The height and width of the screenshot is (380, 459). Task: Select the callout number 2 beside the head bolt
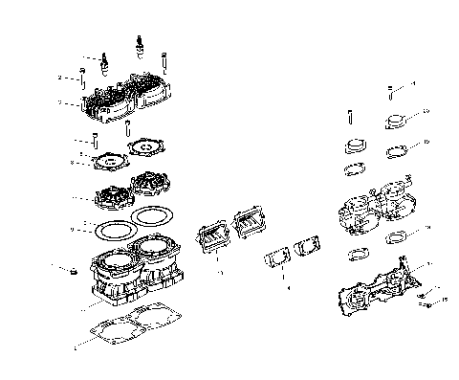59,78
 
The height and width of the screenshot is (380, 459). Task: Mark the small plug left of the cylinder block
69,274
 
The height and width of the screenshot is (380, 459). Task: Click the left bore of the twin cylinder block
110,258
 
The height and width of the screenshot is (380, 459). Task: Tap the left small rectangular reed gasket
276,259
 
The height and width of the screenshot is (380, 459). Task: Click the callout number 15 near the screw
443,300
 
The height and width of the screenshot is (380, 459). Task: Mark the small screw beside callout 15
427,304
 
